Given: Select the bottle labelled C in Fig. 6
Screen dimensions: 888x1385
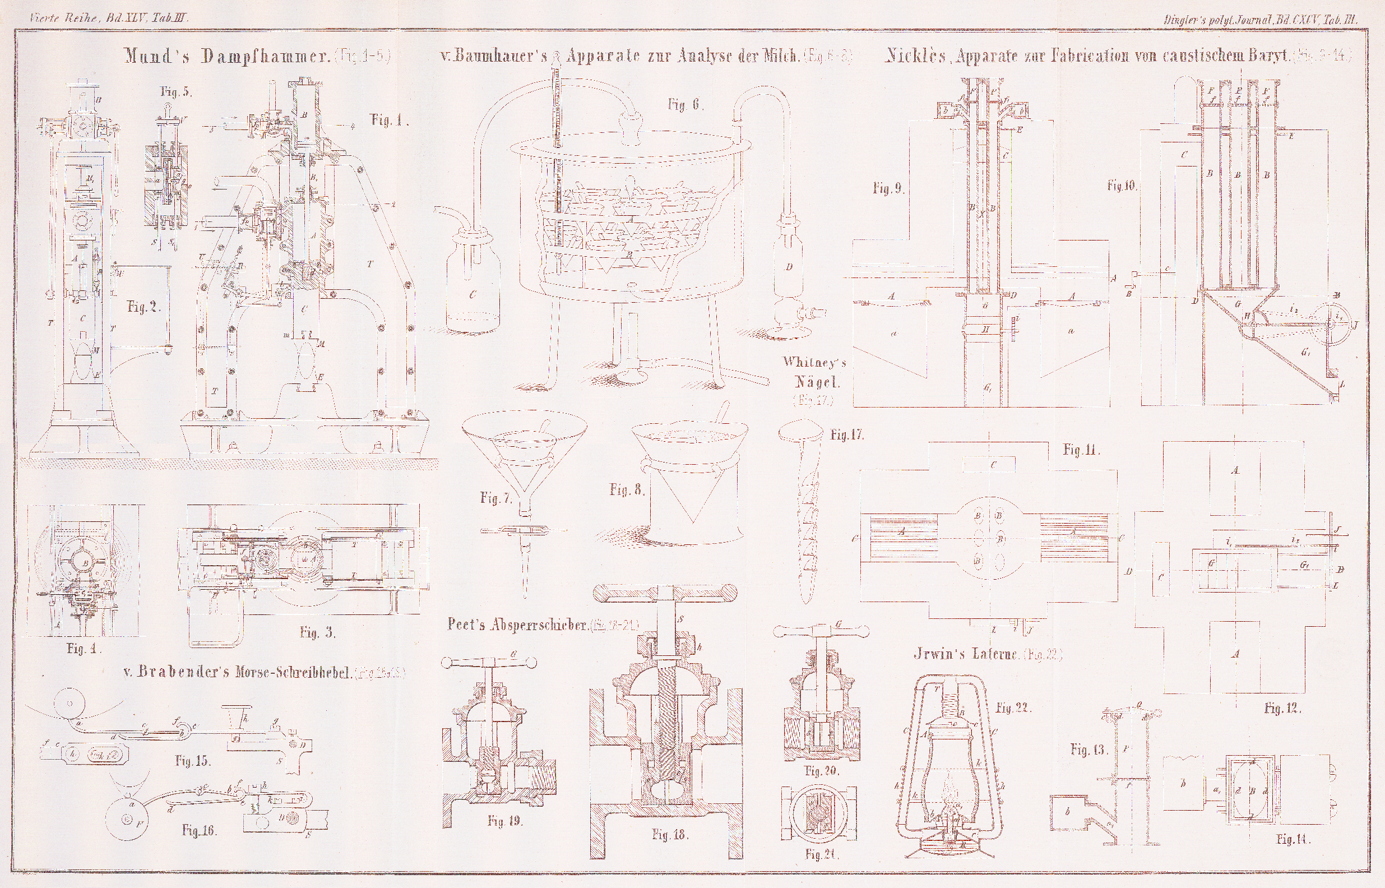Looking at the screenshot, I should [473, 288].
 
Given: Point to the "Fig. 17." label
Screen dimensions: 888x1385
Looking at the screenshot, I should [847, 436].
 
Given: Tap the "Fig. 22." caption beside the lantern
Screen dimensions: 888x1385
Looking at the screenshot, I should [1013, 708].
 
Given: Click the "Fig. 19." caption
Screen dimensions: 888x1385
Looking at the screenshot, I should [504, 821].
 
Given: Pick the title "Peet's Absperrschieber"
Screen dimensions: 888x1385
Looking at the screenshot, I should [517, 626].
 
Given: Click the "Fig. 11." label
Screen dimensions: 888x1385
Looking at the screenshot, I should [1081, 450].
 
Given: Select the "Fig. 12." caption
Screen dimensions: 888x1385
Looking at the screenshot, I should [1281, 708].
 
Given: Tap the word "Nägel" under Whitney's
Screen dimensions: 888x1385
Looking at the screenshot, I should [814, 381].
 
